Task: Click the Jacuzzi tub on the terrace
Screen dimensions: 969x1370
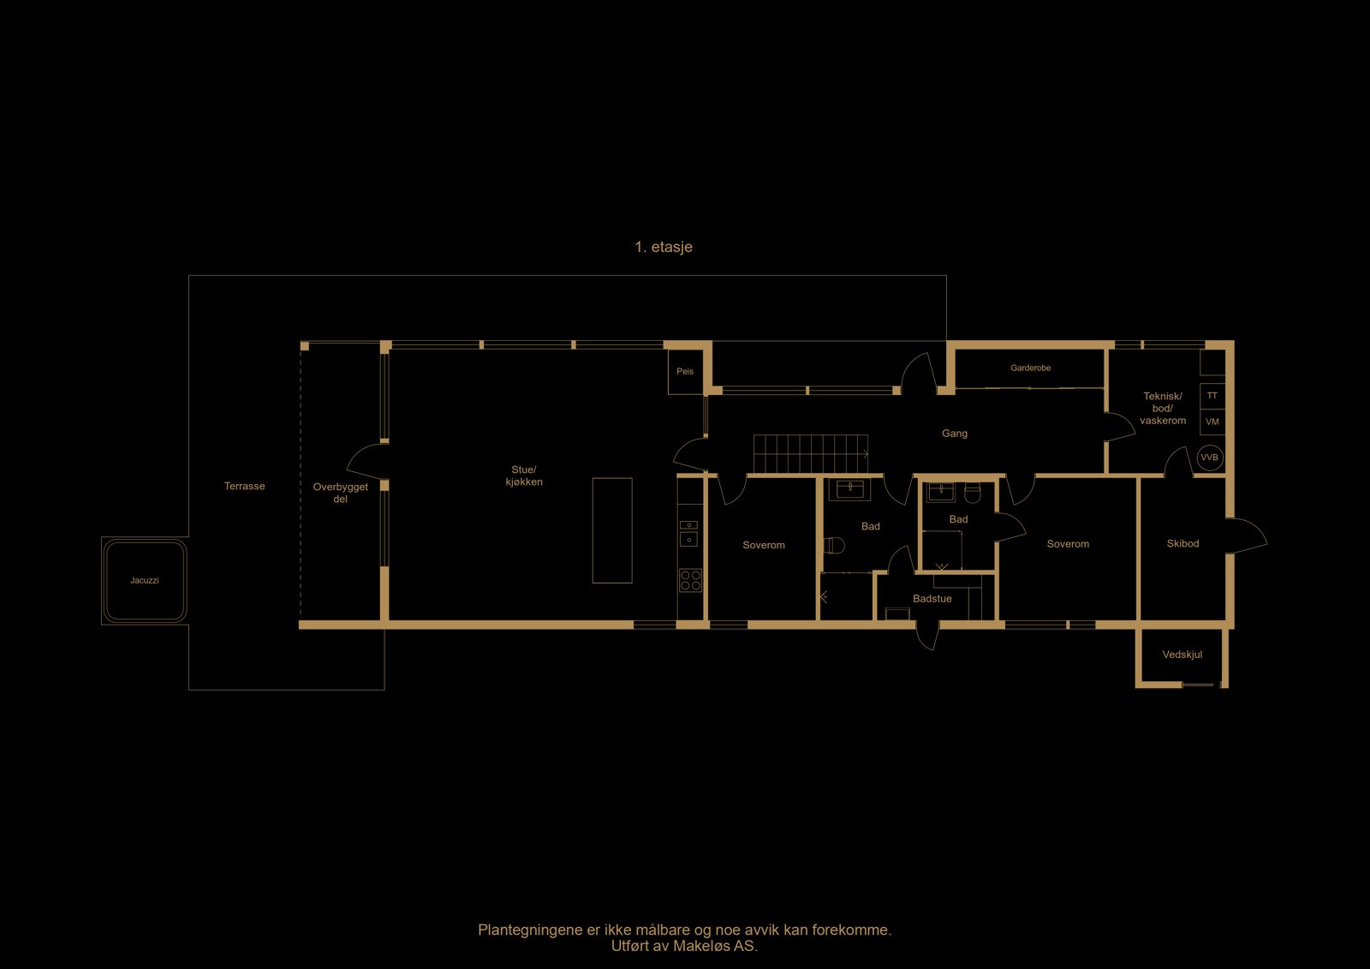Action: point(144,581)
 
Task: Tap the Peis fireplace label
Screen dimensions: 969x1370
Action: point(685,372)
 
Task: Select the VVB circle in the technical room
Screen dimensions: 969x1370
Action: point(1209,458)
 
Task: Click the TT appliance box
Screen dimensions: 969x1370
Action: point(1212,396)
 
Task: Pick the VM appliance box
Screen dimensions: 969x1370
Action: point(1212,422)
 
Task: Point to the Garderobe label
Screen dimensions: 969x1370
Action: point(1030,368)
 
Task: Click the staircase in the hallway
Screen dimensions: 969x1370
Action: point(810,453)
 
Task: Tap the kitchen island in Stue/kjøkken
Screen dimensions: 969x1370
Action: point(612,530)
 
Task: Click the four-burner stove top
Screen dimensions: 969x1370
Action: point(690,580)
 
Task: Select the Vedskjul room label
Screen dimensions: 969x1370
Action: point(1182,655)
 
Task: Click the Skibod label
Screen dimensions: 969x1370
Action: point(1182,544)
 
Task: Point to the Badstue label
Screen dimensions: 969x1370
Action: point(932,599)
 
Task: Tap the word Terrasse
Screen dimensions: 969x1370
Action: point(244,487)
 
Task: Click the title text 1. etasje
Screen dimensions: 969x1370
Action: point(663,247)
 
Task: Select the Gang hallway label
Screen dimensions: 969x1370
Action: point(954,434)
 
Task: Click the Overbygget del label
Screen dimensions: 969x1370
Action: point(340,493)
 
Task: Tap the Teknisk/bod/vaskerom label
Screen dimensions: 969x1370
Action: point(1162,409)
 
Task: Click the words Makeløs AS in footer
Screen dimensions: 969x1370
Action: point(715,946)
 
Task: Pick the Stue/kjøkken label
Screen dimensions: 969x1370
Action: point(523,476)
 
